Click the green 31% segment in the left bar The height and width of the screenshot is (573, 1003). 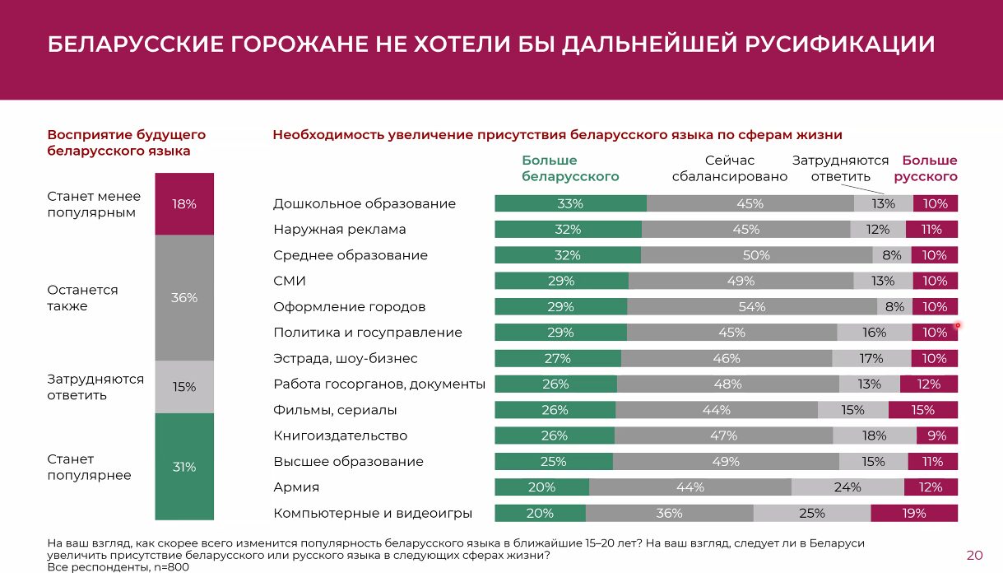184,467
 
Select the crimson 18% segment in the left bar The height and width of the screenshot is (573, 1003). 184,204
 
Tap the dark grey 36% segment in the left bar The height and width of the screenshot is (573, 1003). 184,298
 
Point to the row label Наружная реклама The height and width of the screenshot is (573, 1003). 339,230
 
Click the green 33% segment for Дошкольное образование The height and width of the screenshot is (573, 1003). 570,204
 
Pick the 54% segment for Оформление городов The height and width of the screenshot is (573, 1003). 752,307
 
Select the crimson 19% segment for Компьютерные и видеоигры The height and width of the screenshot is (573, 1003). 914,514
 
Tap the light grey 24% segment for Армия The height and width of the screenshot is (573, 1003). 847,487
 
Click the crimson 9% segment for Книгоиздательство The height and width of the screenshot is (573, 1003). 937,436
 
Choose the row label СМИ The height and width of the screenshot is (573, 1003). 290,281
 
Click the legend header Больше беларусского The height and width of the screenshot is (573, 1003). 570,168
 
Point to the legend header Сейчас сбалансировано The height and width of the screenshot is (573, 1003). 730,168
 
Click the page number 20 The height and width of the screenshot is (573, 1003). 974,555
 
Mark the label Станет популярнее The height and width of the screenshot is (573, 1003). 89,467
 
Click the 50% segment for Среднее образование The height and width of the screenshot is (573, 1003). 756,255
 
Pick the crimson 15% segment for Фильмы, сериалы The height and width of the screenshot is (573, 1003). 923,410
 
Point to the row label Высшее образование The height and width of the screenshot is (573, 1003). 348,462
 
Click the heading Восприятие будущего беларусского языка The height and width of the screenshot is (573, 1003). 126,142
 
